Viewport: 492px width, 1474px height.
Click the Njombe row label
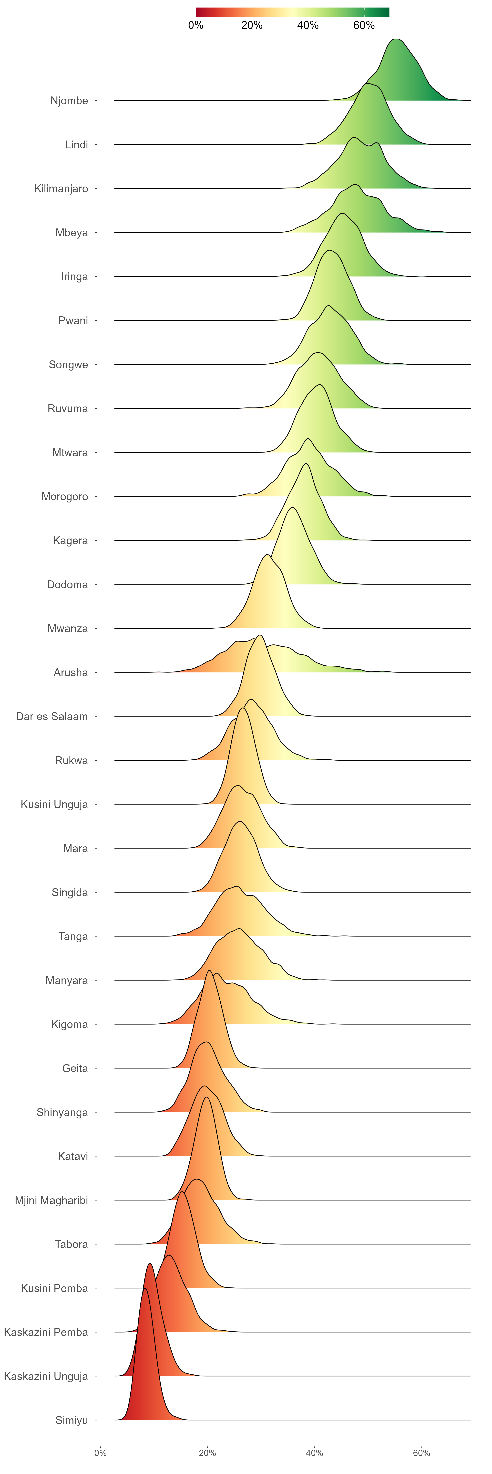click(69, 101)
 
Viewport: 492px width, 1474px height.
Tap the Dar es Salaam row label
click(52, 716)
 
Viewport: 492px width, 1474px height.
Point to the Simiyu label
click(72, 1420)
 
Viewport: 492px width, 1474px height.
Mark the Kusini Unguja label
click(54, 804)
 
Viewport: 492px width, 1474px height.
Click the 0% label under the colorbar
click(196, 25)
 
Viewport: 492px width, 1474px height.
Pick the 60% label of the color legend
click(364, 25)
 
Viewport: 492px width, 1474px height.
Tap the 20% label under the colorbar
click(252, 25)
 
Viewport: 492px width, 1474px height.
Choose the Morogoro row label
click(65, 497)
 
